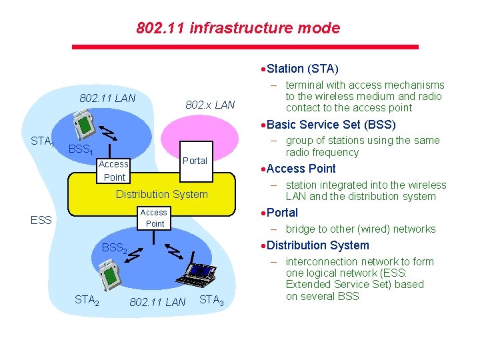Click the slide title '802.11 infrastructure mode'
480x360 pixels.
pyautogui.click(x=238, y=28)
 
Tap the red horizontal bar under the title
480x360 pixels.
pyautogui.click(x=245, y=47)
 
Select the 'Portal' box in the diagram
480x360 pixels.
pyautogui.click(x=195, y=161)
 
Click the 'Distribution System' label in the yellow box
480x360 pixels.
pyautogui.click(x=162, y=194)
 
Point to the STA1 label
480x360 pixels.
pyautogui.click(x=42, y=141)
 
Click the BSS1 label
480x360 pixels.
pyautogui.click(x=80, y=150)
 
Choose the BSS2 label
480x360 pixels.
pyautogui.click(x=114, y=248)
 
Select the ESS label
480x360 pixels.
pyautogui.click(x=41, y=220)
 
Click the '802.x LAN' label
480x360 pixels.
pyautogui.click(x=210, y=105)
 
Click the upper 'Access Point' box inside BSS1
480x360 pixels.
pyautogui.click(x=113, y=171)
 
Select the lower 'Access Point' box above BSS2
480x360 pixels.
pyautogui.click(x=154, y=218)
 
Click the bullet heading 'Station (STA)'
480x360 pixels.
pyautogui.click(x=302, y=69)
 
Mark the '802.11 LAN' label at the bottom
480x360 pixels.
pyautogui.click(x=157, y=302)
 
